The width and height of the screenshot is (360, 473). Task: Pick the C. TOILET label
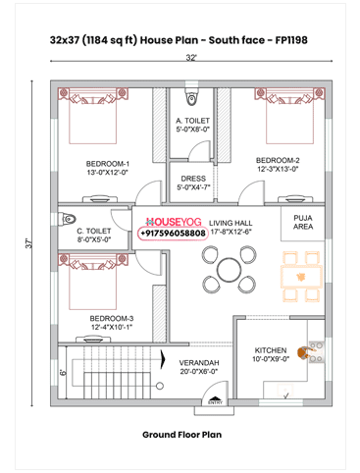tap(94, 234)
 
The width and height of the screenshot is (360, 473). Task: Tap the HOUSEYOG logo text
tap(173, 223)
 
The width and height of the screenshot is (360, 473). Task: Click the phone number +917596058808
tap(173, 235)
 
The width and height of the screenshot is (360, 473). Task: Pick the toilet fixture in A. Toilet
tap(192, 99)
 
